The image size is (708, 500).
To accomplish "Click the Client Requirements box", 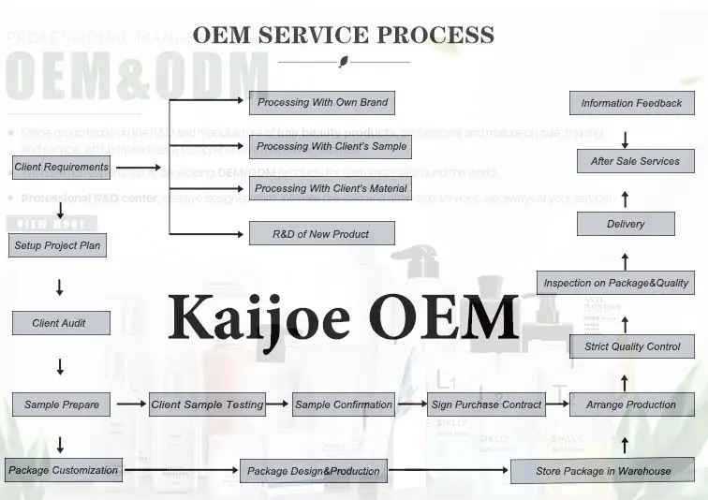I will (62, 168).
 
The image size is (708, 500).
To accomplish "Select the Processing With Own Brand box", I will (321, 102).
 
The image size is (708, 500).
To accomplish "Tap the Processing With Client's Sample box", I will (332, 146).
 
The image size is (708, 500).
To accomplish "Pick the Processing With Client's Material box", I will (332, 189).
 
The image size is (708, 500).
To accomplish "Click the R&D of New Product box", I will (321, 233).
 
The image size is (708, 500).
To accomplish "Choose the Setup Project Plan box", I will (57, 246).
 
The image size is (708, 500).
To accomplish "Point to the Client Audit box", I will (60, 323).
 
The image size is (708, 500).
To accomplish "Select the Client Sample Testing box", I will (207, 404).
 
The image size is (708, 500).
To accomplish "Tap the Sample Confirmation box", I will (344, 404).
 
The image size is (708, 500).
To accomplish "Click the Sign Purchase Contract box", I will (486, 404).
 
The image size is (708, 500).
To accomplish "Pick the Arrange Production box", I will (631, 404).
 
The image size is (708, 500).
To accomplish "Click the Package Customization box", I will (63, 470).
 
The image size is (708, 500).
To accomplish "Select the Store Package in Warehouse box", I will (603, 471).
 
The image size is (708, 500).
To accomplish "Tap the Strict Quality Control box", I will (632, 346).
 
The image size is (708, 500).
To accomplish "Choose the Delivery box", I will (626, 224).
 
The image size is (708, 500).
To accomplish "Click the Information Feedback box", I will (632, 103).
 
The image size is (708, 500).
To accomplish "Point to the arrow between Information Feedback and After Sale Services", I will (626, 139).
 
